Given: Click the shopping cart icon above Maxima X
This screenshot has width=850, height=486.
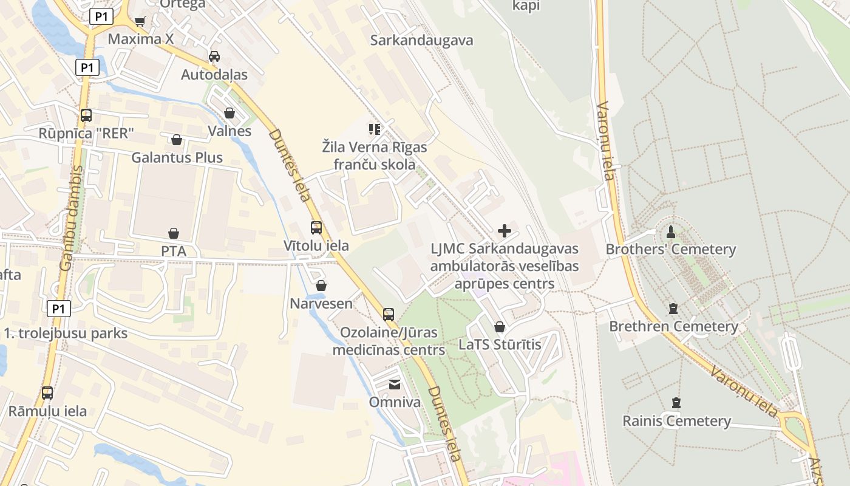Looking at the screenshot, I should [x=140, y=22].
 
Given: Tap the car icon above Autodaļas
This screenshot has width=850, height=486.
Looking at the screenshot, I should [x=214, y=56].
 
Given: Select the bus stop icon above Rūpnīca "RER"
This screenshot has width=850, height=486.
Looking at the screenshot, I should [x=86, y=115].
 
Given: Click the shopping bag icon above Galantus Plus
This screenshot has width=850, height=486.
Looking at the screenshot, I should [x=177, y=140].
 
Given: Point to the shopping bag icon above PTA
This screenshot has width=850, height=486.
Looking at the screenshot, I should [x=174, y=233].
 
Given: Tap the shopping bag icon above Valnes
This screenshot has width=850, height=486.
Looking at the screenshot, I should [x=229, y=113].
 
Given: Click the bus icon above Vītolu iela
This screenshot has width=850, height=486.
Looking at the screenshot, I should [x=316, y=228].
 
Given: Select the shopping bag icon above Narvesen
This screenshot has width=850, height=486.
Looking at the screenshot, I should [x=321, y=286].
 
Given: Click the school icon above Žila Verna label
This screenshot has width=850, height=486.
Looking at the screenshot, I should [x=375, y=129].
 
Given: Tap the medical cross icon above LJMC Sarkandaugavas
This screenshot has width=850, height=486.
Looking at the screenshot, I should [x=505, y=231].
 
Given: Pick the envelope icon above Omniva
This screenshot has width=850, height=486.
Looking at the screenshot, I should [x=395, y=384].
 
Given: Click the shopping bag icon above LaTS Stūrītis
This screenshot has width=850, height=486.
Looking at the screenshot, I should [x=500, y=327].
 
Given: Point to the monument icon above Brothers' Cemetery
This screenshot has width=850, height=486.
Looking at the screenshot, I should [x=671, y=231].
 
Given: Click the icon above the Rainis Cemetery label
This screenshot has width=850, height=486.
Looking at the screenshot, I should [x=676, y=403].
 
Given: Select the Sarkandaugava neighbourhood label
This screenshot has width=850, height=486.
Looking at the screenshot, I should [x=421, y=41].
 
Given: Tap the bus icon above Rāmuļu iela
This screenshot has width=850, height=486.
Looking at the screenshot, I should [x=47, y=393].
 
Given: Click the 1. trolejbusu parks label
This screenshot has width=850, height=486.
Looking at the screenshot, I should [x=66, y=333].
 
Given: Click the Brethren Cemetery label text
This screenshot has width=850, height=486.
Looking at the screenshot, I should [x=673, y=326].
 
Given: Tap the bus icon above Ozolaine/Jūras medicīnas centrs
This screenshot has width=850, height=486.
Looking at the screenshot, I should [x=389, y=314].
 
